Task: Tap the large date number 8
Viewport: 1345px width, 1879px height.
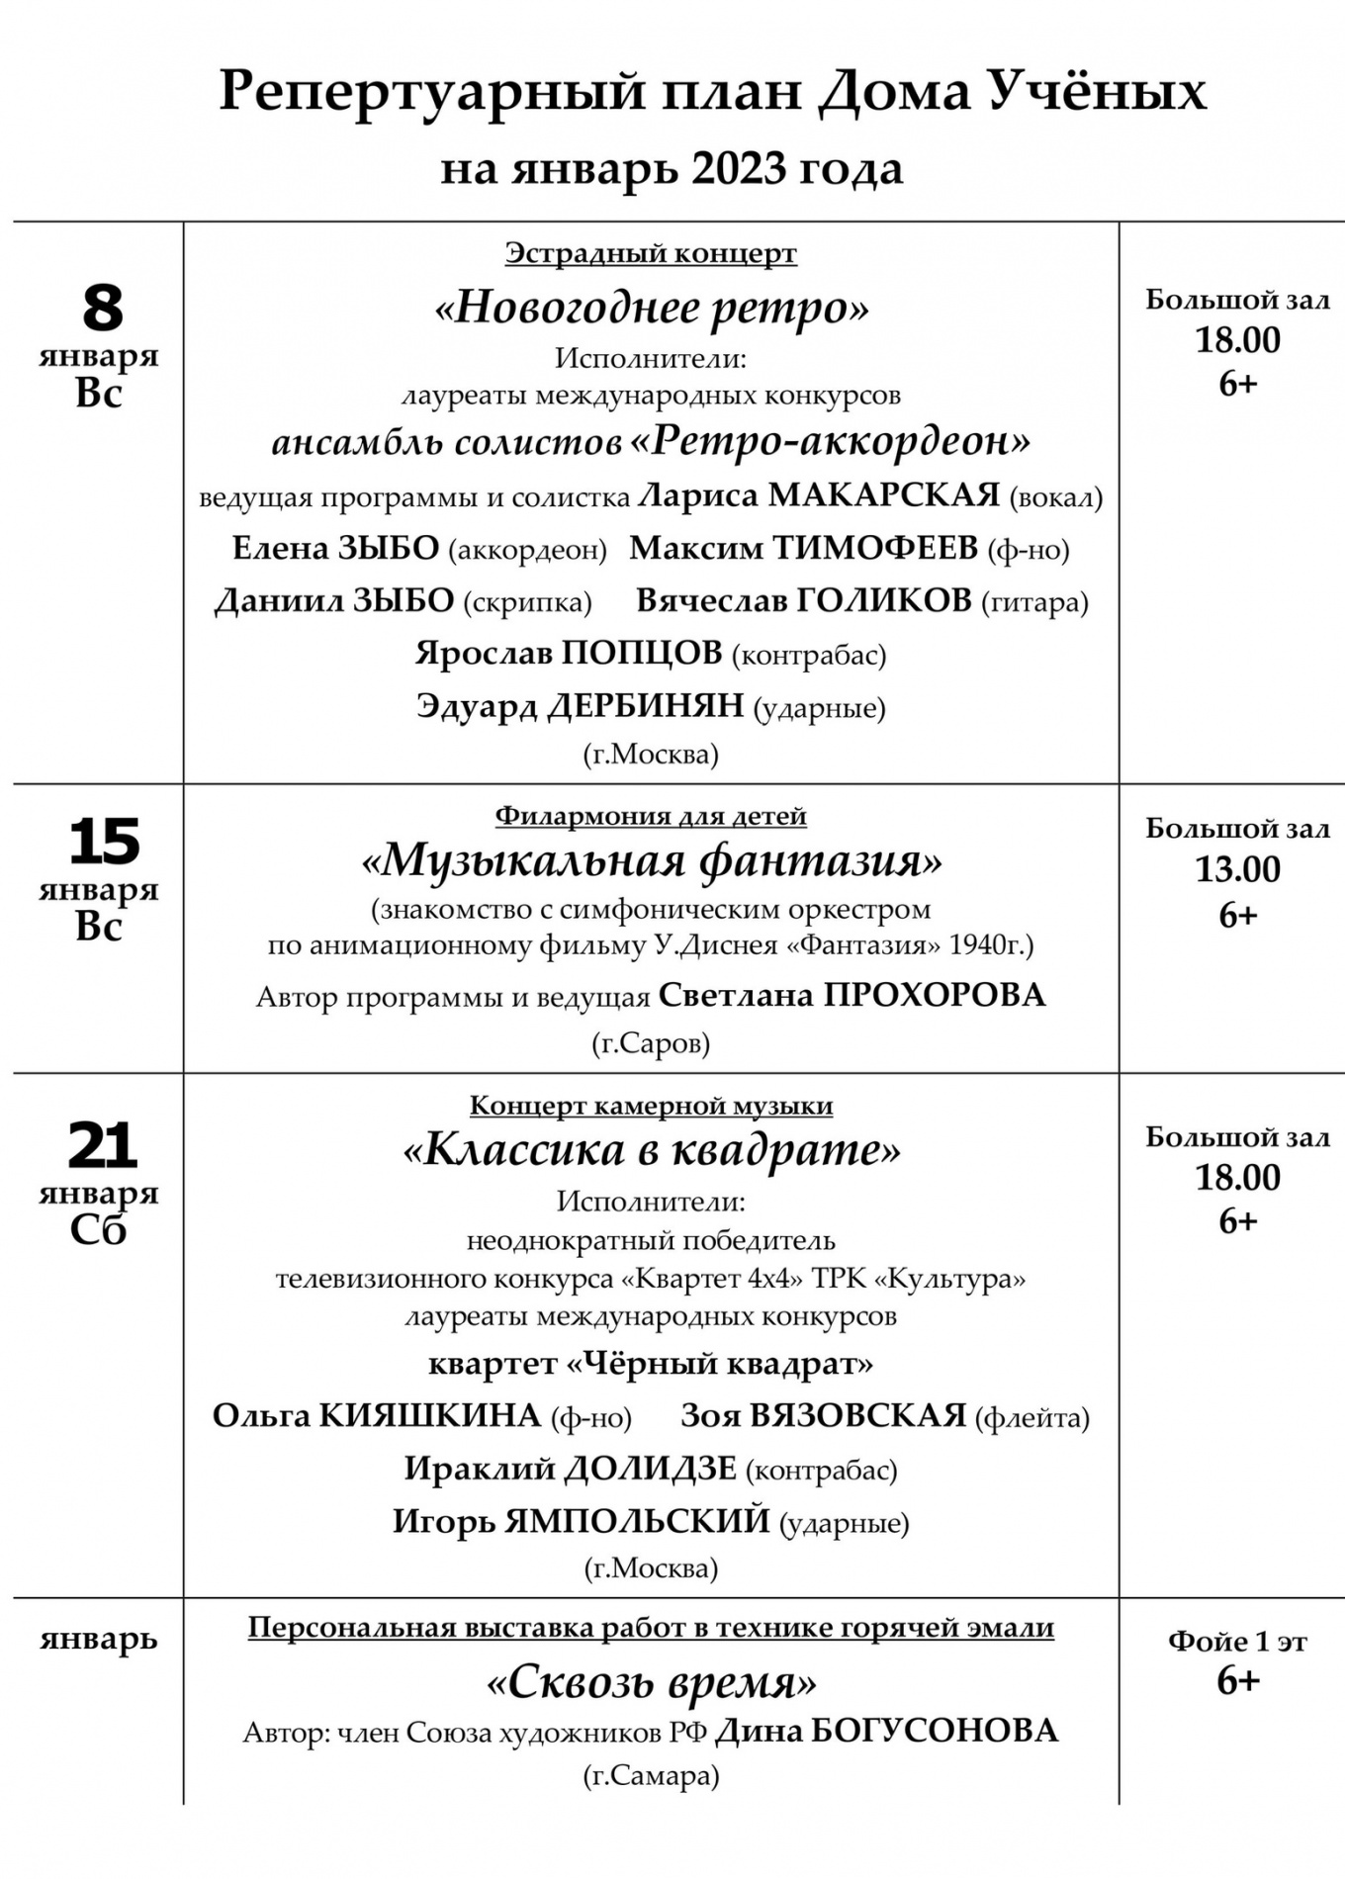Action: coord(102,308)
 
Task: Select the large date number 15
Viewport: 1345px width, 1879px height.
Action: coord(103,842)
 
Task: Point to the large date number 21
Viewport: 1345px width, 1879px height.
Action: coord(102,1146)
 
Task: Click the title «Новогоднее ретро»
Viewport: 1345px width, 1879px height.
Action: coord(652,308)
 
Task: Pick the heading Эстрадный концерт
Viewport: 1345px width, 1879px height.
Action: coord(651,253)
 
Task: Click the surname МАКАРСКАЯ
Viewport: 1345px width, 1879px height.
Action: coord(883,494)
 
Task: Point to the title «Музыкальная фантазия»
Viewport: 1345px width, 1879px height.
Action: coord(652,860)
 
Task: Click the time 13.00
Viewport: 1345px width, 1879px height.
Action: coord(1237,870)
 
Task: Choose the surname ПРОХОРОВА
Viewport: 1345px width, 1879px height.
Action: coord(934,995)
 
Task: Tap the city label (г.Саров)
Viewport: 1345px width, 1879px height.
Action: coord(651,1042)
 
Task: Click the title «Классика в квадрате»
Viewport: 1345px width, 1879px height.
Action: coord(652,1149)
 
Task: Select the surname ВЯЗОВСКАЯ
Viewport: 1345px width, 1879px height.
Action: coord(857,1415)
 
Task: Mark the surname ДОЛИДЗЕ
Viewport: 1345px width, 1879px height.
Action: coord(650,1468)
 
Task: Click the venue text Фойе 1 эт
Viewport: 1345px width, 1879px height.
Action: coord(1237,1642)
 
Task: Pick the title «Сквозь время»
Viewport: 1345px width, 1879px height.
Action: coord(652,1682)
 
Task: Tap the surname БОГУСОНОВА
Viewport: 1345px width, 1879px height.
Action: coord(934,1731)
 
